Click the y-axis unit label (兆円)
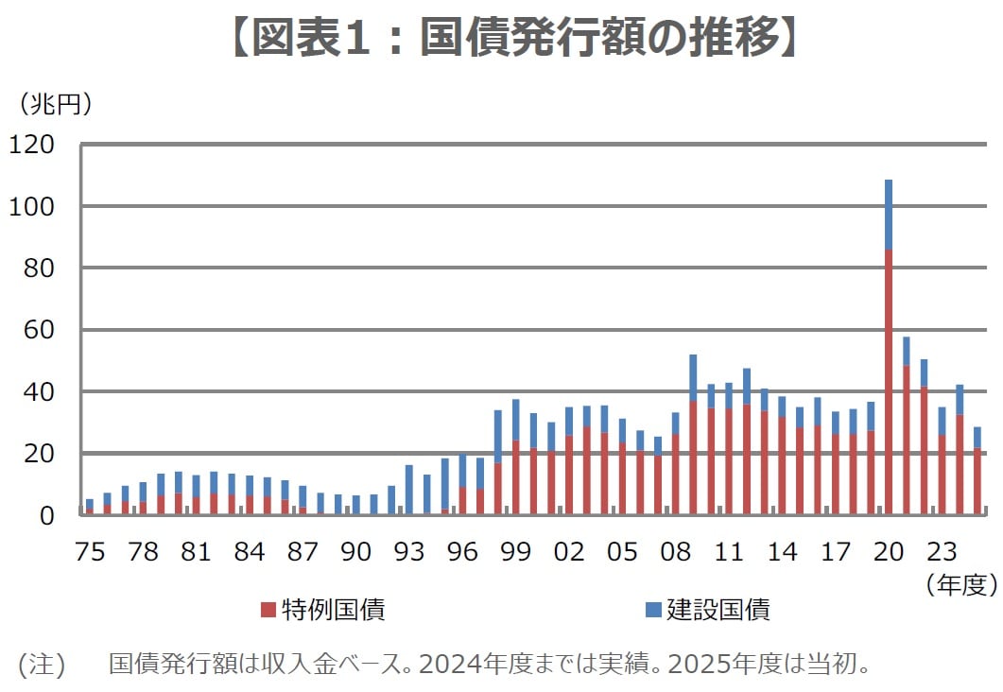(56, 104)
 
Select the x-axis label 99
(515, 552)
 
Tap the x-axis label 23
(942, 552)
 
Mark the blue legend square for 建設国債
(652, 610)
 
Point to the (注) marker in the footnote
(42, 664)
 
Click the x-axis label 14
(782, 552)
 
